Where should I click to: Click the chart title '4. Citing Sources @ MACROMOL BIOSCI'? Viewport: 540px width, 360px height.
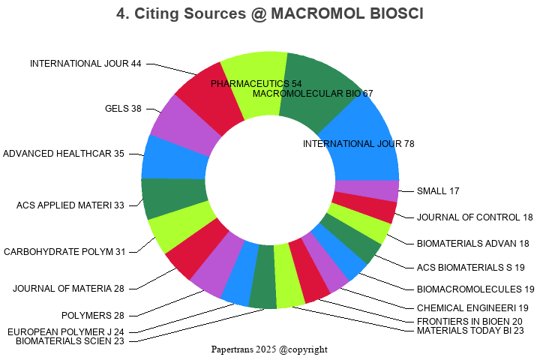[270, 14]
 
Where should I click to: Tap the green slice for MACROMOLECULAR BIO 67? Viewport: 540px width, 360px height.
[315, 86]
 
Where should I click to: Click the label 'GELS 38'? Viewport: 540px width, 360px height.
[123, 109]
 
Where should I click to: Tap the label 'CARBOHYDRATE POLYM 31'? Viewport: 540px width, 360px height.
[64, 252]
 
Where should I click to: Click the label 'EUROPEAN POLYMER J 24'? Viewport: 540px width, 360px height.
[66, 331]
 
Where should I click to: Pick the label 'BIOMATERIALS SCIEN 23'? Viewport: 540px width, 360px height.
[70, 341]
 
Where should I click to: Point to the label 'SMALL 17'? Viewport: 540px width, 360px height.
[438, 191]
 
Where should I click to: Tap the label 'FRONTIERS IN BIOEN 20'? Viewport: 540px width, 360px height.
[469, 321]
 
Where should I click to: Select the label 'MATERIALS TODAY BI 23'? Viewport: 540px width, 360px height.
[470, 331]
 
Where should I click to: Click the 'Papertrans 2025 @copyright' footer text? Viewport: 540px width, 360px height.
[269, 349]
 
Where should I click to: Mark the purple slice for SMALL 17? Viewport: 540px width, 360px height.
[366, 190]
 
